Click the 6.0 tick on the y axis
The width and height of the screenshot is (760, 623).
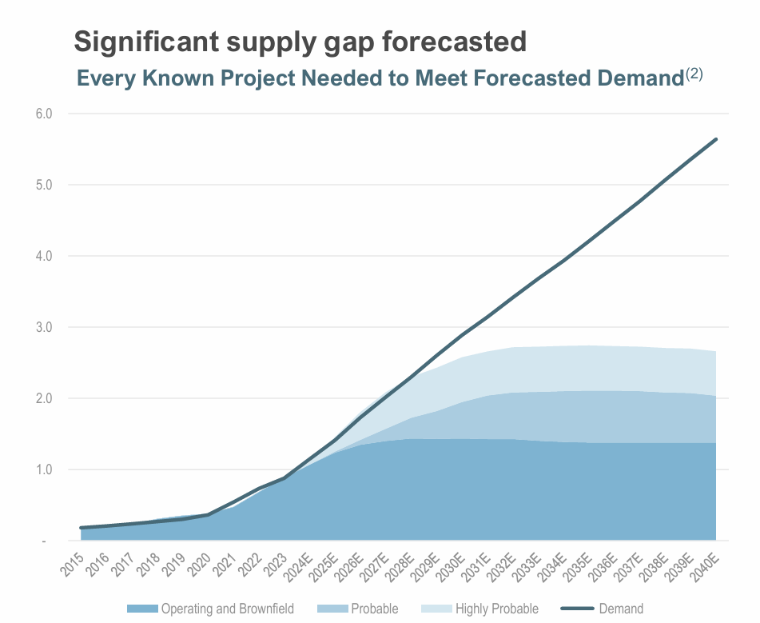pyautogui.click(x=44, y=114)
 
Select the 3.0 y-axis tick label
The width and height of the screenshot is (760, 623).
pyautogui.click(x=44, y=327)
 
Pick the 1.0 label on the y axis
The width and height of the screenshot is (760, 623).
pyautogui.click(x=44, y=469)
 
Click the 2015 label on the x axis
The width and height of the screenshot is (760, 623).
pyautogui.click(x=73, y=561)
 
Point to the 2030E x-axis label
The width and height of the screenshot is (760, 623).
pyautogui.click(x=450, y=565)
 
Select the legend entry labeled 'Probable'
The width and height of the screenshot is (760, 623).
pyautogui.click(x=374, y=609)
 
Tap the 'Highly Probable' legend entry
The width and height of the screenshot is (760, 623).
pyautogui.click(x=496, y=609)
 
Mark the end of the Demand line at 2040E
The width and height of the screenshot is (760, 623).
pyautogui.click(x=716, y=139)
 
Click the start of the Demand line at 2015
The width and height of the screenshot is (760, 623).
pyautogui.click(x=82, y=528)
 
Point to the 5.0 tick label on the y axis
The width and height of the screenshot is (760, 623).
pyautogui.click(x=44, y=185)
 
